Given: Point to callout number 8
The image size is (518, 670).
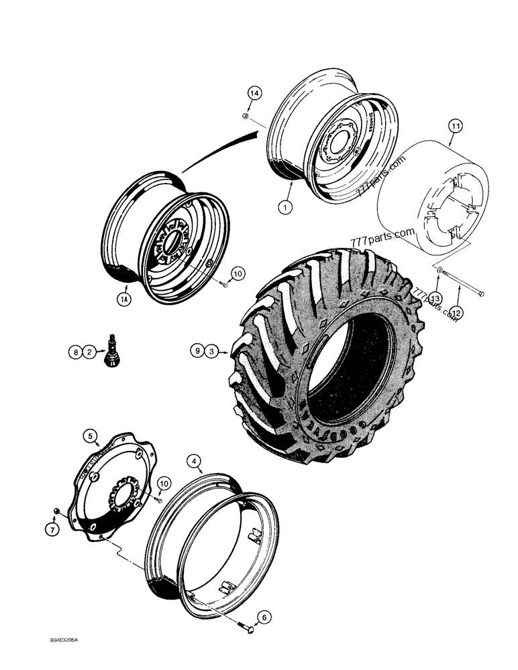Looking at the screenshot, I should (75, 350).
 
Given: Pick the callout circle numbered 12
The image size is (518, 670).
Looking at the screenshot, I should (456, 312).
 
